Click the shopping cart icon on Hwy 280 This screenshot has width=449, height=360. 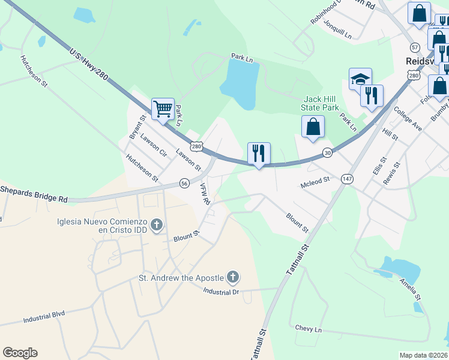click(x=163, y=109)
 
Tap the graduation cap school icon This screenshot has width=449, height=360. click(x=360, y=79)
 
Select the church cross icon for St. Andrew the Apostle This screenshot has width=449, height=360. click(x=233, y=277)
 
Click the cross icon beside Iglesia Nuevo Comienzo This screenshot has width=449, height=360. click(x=157, y=225)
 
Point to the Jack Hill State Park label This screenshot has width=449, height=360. click(x=321, y=103)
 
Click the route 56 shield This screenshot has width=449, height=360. click(x=184, y=183)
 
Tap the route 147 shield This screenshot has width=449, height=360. click(x=346, y=179)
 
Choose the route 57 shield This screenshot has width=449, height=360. click(x=414, y=47)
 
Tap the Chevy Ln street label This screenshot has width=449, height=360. click(x=309, y=329)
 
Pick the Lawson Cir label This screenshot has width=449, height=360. click(x=154, y=145)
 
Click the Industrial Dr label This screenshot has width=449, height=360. click(x=221, y=292)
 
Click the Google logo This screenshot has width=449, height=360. click(x=20, y=353)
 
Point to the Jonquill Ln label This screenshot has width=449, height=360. click(x=337, y=29)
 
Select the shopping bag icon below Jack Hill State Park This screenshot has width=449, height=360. click(x=313, y=127)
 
